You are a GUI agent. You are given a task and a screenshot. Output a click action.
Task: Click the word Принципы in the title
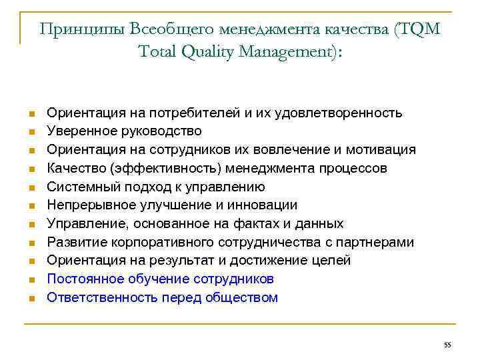pyautogui.click(x=82, y=29)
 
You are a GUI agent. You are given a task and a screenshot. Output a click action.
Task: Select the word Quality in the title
pyautogui.click(x=205, y=51)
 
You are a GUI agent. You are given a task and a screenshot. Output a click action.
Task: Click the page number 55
pyautogui.click(x=447, y=344)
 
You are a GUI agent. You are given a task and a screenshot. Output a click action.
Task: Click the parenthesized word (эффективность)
pyautogui.click(x=163, y=169)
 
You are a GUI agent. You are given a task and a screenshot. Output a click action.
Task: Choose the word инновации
pyautogui.click(x=263, y=205)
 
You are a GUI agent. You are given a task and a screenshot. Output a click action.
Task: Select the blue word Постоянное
pyautogui.click(x=84, y=279)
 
